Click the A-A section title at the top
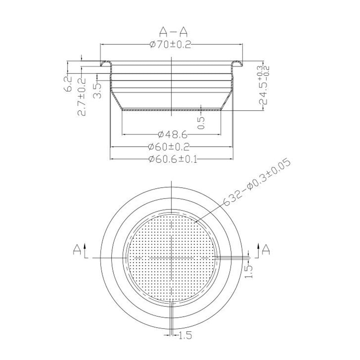(172, 31)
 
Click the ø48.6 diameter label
(173, 134)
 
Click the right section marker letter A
(266, 248)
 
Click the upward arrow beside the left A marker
(85, 248)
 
